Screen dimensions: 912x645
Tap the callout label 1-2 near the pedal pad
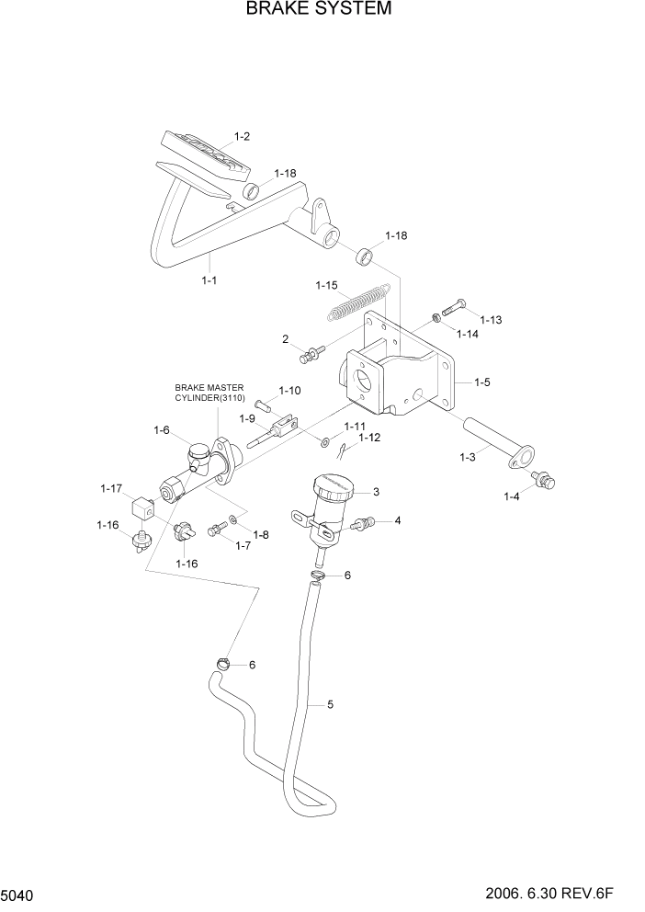(243, 136)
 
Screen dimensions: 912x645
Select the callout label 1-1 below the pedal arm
(209, 280)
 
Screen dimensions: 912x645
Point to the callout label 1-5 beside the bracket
(483, 381)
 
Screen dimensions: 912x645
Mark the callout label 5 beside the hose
(329, 705)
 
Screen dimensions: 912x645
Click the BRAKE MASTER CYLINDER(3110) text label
(210, 393)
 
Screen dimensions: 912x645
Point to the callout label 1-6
(162, 429)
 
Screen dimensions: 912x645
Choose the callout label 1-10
(289, 391)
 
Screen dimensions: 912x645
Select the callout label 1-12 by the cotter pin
(368, 438)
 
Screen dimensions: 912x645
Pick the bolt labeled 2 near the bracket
(313, 350)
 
